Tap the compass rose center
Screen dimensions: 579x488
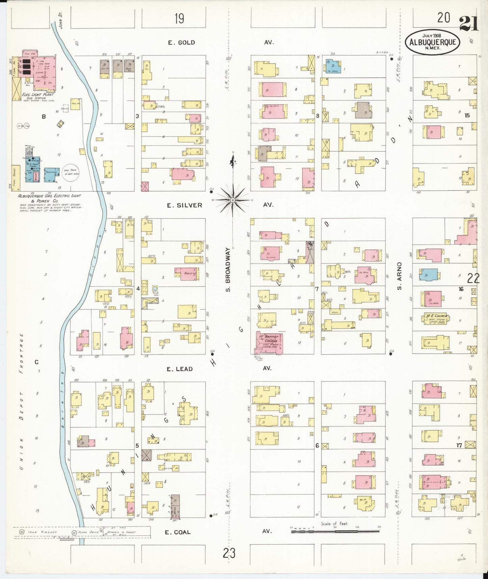click(x=233, y=200)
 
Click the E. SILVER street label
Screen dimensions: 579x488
click(x=185, y=205)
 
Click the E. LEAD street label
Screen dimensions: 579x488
click(x=180, y=369)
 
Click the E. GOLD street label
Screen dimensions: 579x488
click(x=181, y=42)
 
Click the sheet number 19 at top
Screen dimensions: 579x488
click(x=179, y=19)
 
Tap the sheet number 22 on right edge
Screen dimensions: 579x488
click(x=473, y=278)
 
